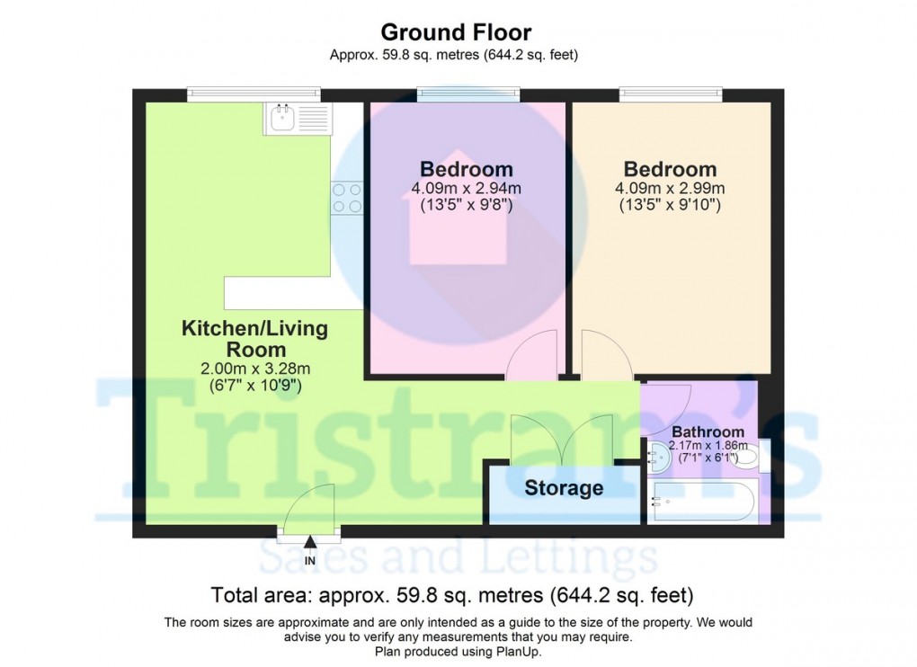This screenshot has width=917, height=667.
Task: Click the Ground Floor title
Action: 456,32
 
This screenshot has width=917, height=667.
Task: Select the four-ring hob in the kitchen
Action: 347,197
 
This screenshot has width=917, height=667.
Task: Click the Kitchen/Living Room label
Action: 255,339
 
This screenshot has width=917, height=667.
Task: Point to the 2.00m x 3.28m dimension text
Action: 255,369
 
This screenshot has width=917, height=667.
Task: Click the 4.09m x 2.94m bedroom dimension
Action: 467,189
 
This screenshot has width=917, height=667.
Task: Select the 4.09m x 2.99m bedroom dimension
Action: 670,189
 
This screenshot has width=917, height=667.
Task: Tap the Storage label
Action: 564,489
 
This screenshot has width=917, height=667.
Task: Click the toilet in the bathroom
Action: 744,457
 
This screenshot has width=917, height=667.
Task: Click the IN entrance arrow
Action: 310,542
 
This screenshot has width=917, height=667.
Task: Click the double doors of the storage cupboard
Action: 562,440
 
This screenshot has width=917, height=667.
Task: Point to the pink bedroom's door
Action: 532,355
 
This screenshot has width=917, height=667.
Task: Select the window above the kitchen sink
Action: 254,93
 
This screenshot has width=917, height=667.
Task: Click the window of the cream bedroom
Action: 670,93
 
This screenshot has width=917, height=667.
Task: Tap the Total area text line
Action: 451,595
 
